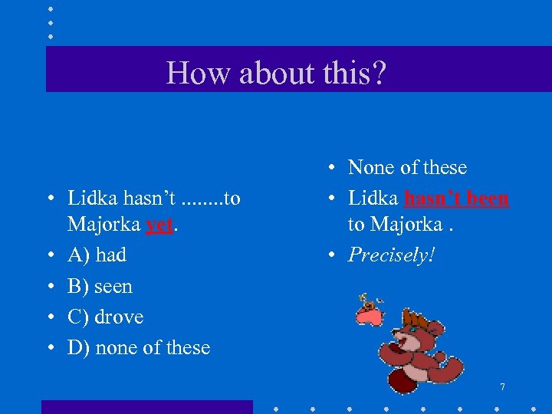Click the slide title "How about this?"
coord(276,73)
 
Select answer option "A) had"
coord(97,255)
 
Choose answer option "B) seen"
coord(100,286)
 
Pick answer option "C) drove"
coord(105,317)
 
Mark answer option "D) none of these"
coord(139,347)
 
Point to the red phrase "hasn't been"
coord(456,198)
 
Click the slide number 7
coord(502,387)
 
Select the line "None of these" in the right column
coord(407,167)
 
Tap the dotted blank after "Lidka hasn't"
coord(202,199)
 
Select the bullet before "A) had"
coord(48,255)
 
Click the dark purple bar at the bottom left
coord(146,407)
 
